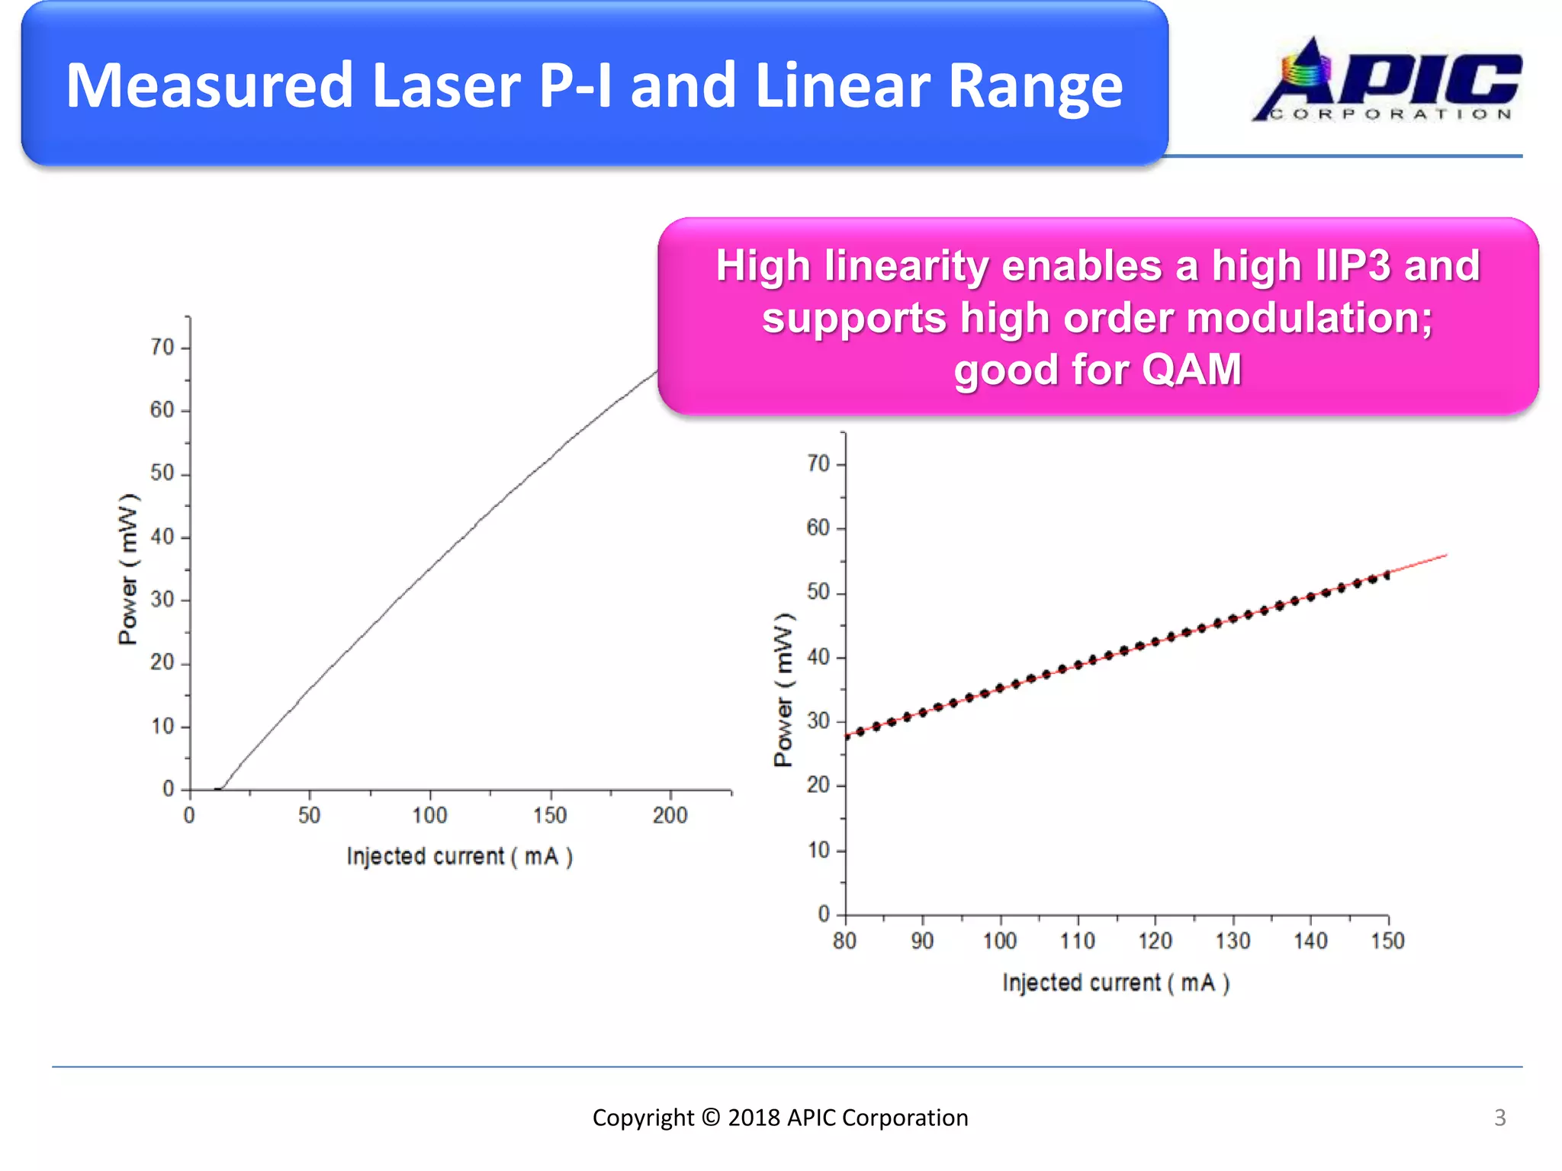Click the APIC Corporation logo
[x=1387, y=81]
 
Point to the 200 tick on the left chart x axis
[x=670, y=815]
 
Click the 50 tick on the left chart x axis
[x=309, y=815]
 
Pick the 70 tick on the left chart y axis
[x=162, y=347]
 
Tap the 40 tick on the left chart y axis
[x=162, y=537]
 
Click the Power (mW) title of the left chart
[x=128, y=569]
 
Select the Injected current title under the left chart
[x=459, y=856]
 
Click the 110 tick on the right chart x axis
[x=1077, y=941]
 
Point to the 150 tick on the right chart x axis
[x=1387, y=941]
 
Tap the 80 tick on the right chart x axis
[x=844, y=941]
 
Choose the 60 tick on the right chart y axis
[x=818, y=528]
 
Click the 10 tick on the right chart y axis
[x=818, y=849]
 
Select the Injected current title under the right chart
[x=1115, y=983]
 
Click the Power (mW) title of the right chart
[x=783, y=689]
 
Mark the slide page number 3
[x=1499, y=1118]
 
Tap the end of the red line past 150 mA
[x=1445, y=556]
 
